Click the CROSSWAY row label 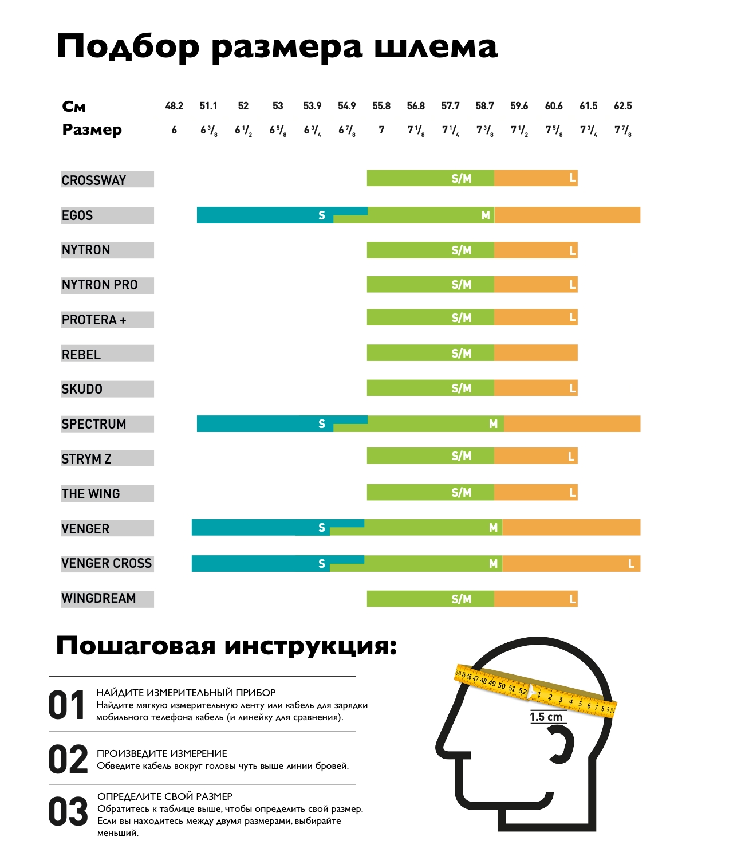pos(94,180)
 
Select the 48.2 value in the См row pos(174,106)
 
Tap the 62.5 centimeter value pos(622,106)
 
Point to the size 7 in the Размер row pos(381,130)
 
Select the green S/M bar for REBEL pos(430,353)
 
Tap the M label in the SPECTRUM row pos(493,424)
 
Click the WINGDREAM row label pos(99,598)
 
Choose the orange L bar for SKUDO pos(535,388)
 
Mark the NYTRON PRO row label pos(100,285)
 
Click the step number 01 pos(67,705)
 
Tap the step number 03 pos(68,812)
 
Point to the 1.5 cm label pos(546,717)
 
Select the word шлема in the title pos(436,47)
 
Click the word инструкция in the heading pos(310,646)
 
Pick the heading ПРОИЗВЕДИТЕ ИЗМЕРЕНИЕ pos(162,753)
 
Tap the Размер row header pos(92,130)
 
